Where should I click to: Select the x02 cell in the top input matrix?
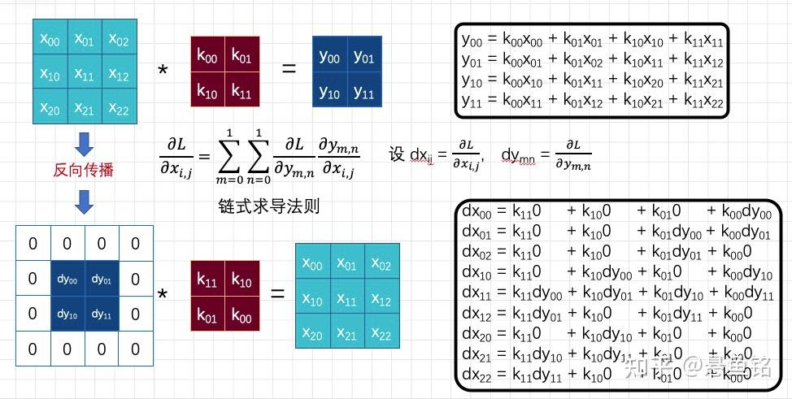point(119,39)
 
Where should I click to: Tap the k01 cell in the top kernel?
point(242,57)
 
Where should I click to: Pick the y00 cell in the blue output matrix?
point(329,57)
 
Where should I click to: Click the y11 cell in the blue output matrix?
point(363,92)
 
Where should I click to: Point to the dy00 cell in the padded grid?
point(67,279)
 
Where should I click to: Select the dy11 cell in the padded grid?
point(101,314)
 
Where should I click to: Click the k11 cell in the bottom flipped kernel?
point(207,279)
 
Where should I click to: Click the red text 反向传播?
point(84,171)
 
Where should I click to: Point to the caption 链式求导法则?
point(269,206)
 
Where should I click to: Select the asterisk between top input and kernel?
point(163,72)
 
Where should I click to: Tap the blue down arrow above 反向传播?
point(84,144)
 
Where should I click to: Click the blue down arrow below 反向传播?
point(84,202)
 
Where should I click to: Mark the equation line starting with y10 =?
point(592,80)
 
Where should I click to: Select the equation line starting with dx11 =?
point(618,293)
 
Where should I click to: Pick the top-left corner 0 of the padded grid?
point(33,244)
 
